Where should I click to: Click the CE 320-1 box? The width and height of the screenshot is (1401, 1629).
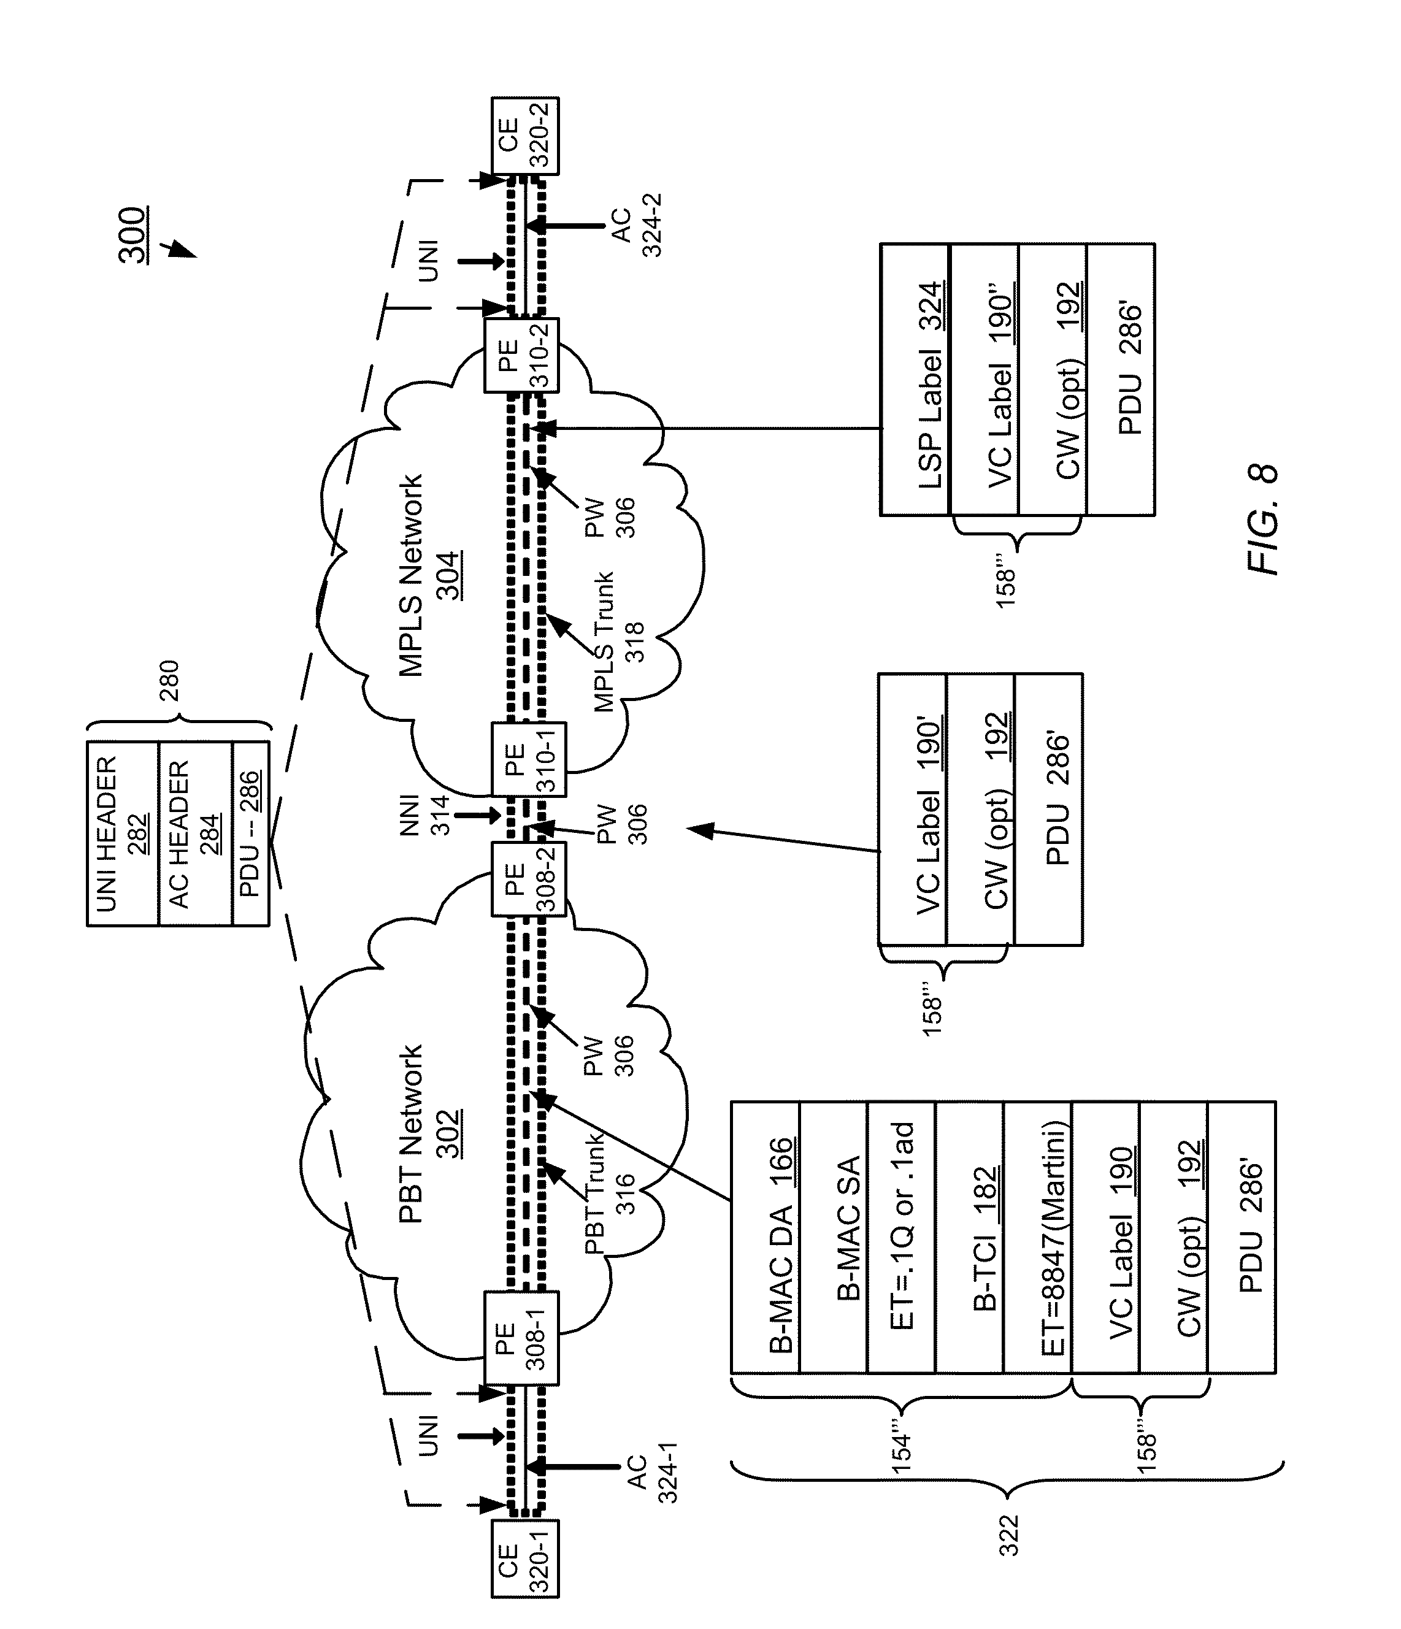[x=524, y=1570]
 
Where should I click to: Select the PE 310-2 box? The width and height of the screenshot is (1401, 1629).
[x=521, y=355]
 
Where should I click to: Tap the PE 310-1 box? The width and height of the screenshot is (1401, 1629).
[x=528, y=759]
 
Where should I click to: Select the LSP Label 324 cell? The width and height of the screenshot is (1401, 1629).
[x=915, y=380]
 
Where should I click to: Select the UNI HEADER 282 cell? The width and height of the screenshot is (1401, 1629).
[x=123, y=834]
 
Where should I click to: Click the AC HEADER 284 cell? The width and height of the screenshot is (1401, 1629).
[x=195, y=834]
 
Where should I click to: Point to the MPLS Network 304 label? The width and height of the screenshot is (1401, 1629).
[x=429, y=575]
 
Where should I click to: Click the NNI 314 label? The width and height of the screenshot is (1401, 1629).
[x=425, y=815]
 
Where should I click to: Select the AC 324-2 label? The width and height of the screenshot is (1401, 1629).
[x=636, y=226]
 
